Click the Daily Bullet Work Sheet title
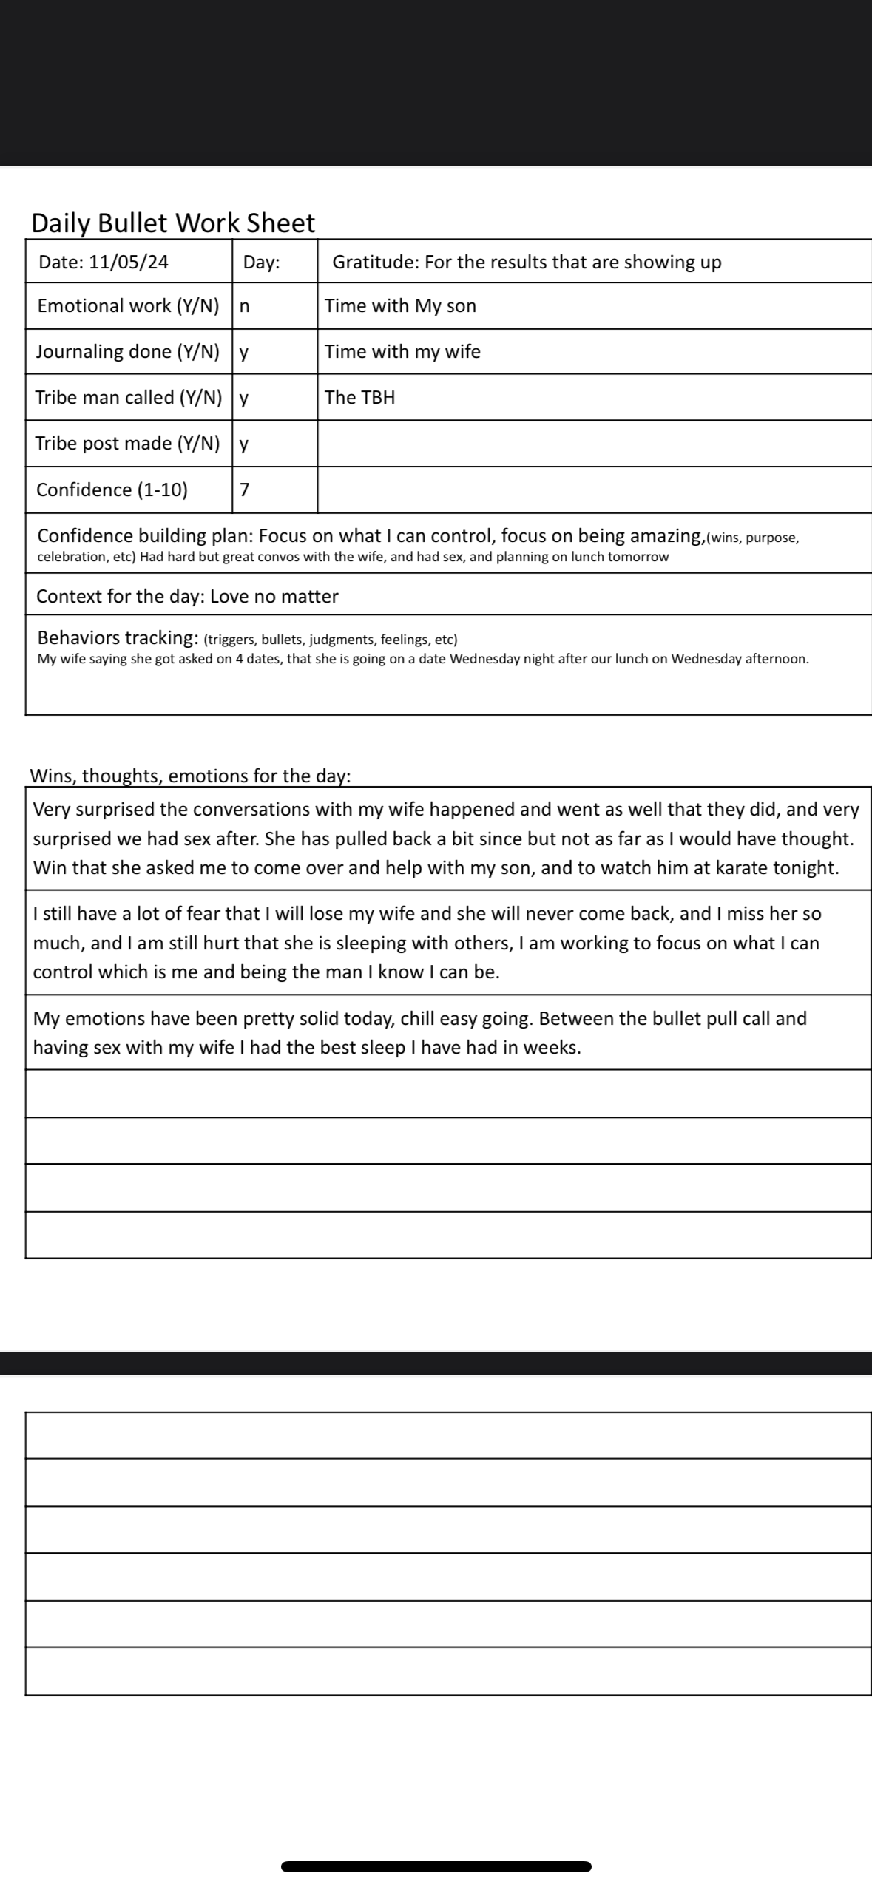tap(173, 223)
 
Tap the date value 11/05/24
tap(129, 262)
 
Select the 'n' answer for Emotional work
tap(245, 306)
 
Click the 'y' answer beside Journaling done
tap(244, 352)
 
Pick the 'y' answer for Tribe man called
tap(244, 398)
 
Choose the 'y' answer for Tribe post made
tap(244, 444)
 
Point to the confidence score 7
tap(245, 490)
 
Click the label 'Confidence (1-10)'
tap(112, 490)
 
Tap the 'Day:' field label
tap(262, 262)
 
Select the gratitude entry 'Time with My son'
tap(400, 306)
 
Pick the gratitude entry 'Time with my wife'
tap(402, 352)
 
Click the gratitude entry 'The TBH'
tap(359, 398)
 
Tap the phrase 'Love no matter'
tap(274, 597)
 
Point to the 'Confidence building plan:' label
tap(145, 535)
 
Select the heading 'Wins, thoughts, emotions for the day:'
tap(190, 776)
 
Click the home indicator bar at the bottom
tap(436, 1866)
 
